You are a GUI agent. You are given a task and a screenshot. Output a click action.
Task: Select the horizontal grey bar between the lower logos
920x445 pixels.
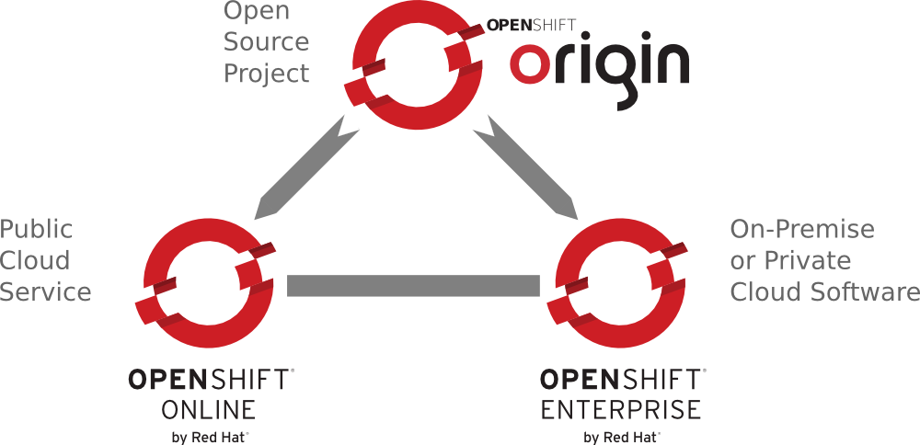coord(413,286)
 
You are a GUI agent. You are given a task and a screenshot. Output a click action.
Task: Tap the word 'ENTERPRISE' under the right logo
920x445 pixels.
coord(621,409)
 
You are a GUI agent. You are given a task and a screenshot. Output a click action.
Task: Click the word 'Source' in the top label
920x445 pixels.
coord(267,42)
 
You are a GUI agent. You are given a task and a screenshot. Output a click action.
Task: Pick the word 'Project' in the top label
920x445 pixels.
coord(267,74)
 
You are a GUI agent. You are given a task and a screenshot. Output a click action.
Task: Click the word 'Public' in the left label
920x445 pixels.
coord(36,229)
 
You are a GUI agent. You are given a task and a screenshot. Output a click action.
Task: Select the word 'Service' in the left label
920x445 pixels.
coord(45,292)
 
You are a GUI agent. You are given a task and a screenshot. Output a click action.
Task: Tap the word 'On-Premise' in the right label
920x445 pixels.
coord(802,229)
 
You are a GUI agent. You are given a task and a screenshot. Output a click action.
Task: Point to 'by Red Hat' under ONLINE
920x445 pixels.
coord(210,437)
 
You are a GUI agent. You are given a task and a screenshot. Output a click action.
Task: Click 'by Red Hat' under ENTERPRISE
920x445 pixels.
coord(622,437)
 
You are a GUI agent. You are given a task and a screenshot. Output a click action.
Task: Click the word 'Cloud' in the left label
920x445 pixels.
coord(34,261)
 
